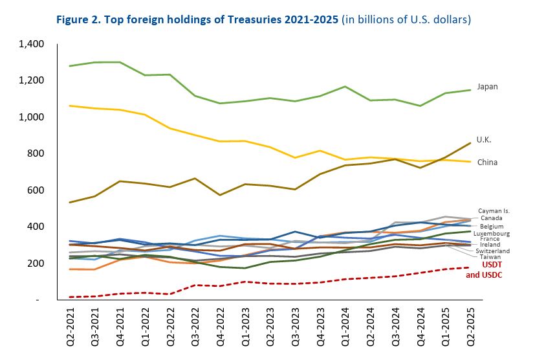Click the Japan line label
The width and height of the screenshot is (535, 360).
(488, 86)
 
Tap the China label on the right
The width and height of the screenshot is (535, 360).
(488, 162)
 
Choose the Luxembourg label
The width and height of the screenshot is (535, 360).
(493, 233)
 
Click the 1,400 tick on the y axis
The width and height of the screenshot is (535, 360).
(31, 44)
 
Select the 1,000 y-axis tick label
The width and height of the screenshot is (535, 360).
(31, 117)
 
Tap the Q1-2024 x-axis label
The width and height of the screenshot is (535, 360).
(348, 326)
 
